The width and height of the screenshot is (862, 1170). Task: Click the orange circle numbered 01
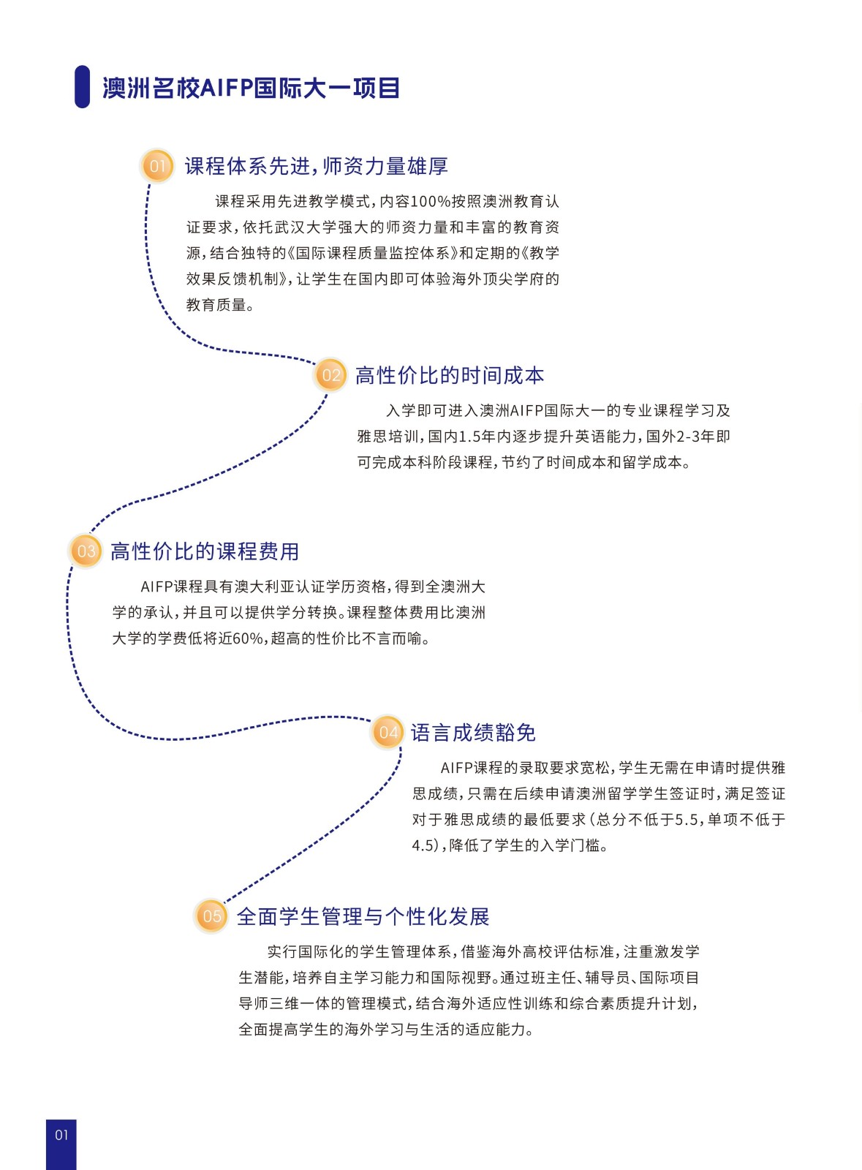click(x=157, y=166)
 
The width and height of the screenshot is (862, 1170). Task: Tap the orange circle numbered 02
click(x=330, y=375)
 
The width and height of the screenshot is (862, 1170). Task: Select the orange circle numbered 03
click(x=86, y=551)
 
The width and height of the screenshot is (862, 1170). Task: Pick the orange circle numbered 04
click(x=388, y=732)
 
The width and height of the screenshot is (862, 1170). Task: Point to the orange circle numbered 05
click(x=211, y=916)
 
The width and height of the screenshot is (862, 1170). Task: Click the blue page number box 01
click(x=61, y=1144)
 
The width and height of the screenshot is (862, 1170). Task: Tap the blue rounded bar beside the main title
click(x=83, y=87)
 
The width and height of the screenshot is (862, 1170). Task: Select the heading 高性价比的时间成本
click(x=450, y=376)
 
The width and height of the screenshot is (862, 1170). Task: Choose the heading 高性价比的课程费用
click(x=205, y=551)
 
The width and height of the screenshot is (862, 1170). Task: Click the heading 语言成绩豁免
click(x=473, y=733)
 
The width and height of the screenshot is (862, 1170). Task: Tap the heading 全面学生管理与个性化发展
click(x=363, y=917)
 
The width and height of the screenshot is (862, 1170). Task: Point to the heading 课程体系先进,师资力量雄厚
click(x=317, y=166)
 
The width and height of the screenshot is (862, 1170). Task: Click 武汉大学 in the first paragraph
click(x=305, y=227)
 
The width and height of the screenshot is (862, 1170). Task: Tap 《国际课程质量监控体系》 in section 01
click(x=373, y=253)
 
